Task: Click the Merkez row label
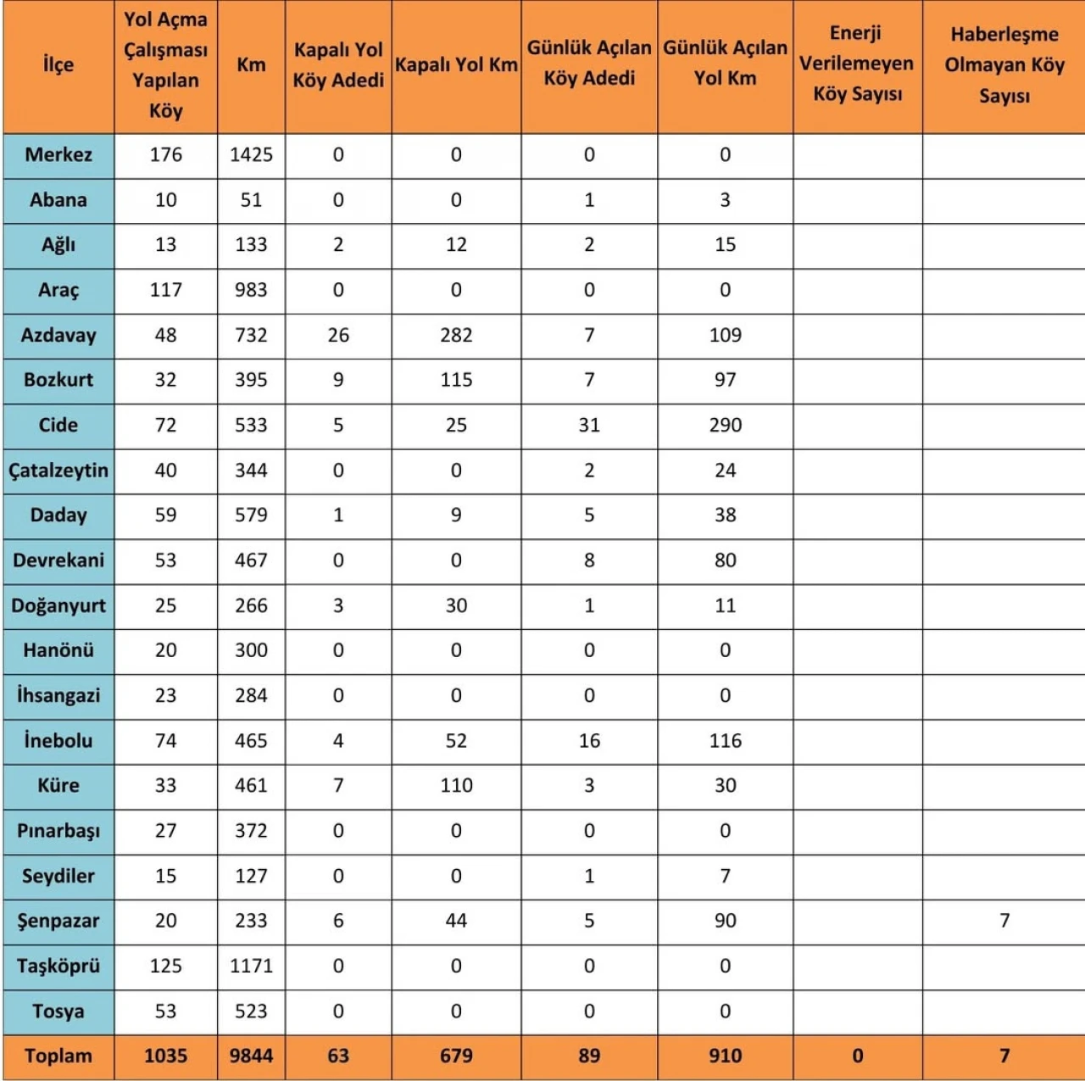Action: pyautogui.click(x=58, y=155)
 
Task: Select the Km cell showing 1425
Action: pyautogui.click(x=251, y=155)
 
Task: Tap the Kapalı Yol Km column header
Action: pyautogui.click(x=456, y=65)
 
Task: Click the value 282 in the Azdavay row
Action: pyautogui.click(x=456, y=335)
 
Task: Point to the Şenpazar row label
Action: pyautogui.click(x=58, y=921)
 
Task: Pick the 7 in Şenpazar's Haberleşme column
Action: pyautogui.click(x=1004, y=921)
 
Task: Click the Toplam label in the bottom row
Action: pyautogui.click(x=58, y=1056)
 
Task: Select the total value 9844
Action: pyautogui.click(x=251, y=1056)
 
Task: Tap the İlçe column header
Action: pyautogui.click(x=58, y=65)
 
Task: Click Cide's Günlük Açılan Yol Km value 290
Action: pyautogui.click(x=725, y=425)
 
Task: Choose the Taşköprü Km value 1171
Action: pyautogui.click(x=251, y=966)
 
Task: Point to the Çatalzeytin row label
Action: pyautogui.click(x=58, y=471)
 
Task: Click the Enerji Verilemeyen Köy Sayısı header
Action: pyautogui.click(x=857, y=64)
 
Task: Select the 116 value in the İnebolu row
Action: pyautogui.click(x=725, y=740)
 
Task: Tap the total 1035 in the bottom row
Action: pyautogui.click(x=165, y=1056)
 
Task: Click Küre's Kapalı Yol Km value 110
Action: pyautogui.click(x=456, y=785)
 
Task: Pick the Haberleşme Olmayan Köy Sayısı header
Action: pyautogui.click(x=1004, y=65)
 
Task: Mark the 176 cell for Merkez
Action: pyautogui.click(x=165, y=155)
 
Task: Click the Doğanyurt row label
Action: pyautogui.click(x=58, y=605)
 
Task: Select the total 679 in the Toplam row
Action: pyautogui.click(x=456, y=1056)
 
